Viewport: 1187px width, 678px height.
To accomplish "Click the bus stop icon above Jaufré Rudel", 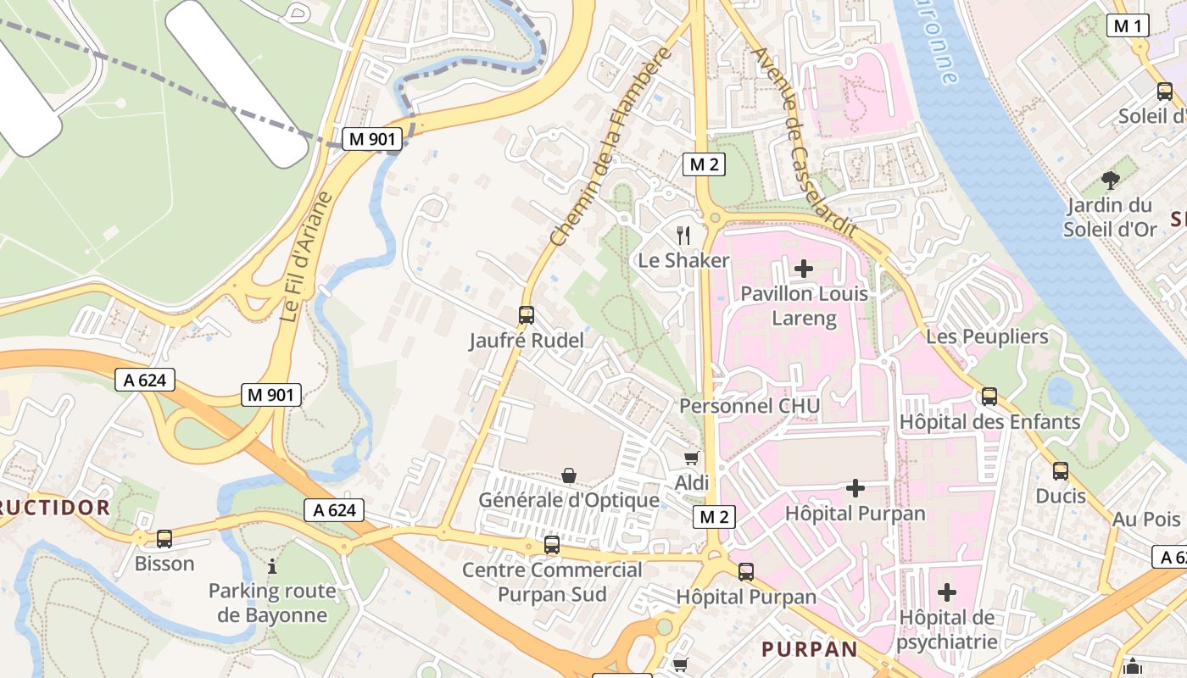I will [527, 315].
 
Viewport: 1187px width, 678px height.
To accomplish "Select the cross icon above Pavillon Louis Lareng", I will [803, 270].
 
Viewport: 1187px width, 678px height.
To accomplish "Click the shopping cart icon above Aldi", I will [692, 458].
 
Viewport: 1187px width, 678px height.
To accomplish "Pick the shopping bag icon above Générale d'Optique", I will [569, 475].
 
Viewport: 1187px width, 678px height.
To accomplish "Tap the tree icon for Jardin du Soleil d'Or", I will [1110, 180].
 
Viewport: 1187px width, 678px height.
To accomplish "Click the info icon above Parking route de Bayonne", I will [272, 565].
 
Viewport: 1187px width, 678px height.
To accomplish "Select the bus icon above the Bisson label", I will [164, 538].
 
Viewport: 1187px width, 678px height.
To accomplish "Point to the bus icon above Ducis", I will [1061, 471].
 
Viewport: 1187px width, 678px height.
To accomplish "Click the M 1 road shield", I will [1128, 26].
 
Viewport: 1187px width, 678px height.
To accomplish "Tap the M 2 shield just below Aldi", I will [714, 517].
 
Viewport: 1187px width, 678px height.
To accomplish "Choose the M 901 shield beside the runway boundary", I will [371, 140].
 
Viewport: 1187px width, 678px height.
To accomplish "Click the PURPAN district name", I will [810, 649].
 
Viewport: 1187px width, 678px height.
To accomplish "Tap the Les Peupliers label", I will [987, 336].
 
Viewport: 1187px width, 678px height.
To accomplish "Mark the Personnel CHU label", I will [750, 406].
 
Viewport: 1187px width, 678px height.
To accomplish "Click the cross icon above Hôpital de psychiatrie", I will [947, 592].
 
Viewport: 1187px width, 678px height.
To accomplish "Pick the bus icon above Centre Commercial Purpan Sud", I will [552, 545].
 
